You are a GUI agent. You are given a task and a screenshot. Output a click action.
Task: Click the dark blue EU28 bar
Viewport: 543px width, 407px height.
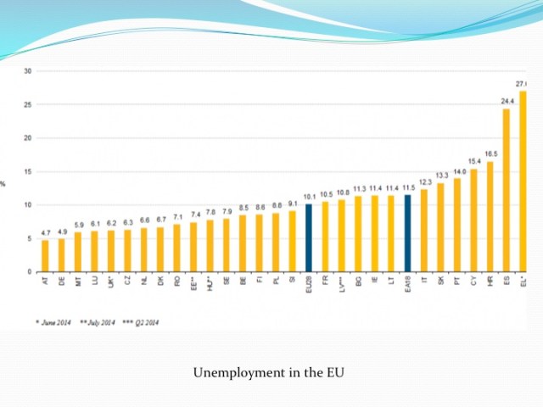309,238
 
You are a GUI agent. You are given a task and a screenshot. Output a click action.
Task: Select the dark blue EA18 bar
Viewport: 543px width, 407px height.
408,234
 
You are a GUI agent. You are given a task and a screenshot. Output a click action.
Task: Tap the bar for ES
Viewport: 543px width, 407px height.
507,191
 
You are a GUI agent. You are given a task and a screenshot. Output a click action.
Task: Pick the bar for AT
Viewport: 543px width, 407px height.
45,256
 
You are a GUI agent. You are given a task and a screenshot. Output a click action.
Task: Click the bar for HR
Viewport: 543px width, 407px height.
490,217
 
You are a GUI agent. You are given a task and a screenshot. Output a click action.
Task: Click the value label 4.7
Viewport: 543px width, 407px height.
45,232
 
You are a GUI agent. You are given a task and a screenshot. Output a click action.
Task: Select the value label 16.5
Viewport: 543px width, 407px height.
490,153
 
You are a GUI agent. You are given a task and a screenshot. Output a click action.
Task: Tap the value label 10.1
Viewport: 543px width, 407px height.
309,197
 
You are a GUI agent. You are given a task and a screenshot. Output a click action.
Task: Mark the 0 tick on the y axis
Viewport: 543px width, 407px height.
29,272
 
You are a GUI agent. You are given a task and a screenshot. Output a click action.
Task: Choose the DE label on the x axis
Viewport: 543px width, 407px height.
62,282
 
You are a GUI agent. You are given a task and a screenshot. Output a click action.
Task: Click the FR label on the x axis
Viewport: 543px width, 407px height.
326,282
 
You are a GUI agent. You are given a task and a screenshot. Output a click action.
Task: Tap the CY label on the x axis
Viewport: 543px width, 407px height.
473,282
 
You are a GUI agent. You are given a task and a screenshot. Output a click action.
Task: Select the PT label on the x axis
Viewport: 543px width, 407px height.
457,282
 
